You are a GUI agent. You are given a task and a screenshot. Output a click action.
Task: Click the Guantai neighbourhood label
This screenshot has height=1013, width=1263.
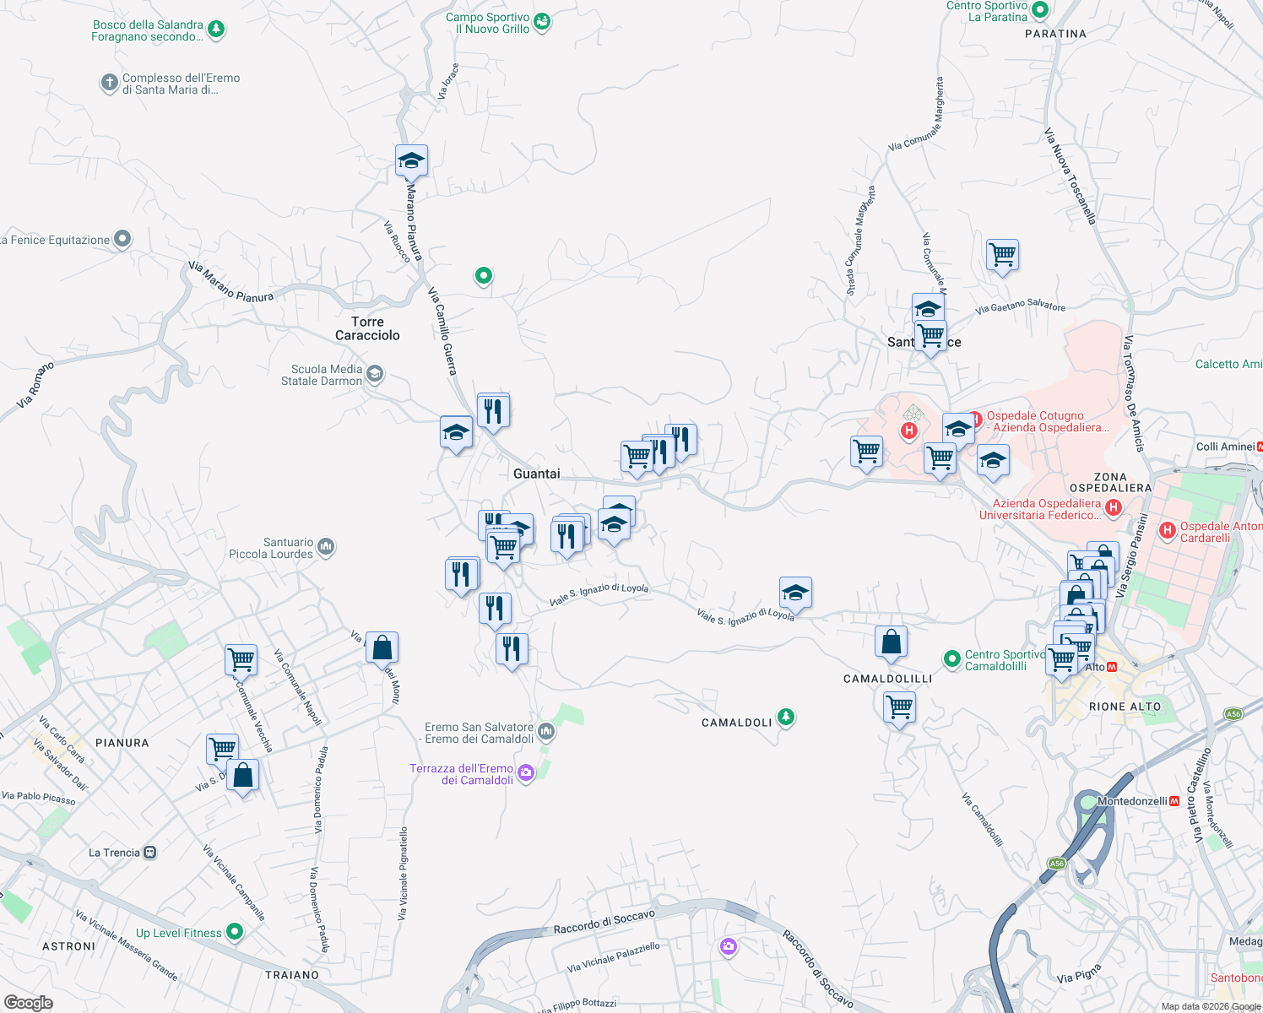(536, 474)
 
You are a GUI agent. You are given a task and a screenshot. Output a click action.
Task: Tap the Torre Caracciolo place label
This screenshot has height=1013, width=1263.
(367, 328)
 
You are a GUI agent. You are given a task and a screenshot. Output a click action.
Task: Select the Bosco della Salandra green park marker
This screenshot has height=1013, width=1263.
(216, 30)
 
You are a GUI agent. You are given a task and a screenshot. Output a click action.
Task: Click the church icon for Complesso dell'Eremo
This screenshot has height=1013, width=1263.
(109, 84)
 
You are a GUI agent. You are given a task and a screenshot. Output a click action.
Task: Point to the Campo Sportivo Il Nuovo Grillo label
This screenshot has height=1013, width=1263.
(488, 23)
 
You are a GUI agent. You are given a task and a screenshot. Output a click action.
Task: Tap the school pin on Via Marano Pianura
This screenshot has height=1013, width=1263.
(411, 160)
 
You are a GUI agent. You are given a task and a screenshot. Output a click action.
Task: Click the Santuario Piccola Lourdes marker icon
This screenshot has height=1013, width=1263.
(327, 548)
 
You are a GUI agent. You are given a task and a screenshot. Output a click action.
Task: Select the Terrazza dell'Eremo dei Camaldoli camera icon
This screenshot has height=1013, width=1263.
(526, 773)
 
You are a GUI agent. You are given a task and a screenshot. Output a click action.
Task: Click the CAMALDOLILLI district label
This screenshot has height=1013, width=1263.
(887, 679)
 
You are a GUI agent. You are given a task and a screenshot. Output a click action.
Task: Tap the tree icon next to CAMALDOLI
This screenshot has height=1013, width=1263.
(786, 718)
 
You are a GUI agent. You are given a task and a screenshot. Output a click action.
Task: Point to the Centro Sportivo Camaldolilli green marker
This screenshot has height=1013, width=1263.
(951, 658)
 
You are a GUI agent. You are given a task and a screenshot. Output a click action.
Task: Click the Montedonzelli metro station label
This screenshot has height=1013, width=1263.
(1132, 801)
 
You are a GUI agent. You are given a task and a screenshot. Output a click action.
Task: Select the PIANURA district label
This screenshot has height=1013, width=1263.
(122, 743)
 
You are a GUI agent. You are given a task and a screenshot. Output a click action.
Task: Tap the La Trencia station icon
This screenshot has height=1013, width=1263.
(150, 853)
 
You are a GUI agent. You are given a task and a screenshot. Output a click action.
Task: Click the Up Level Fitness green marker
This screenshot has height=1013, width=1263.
(235, 932)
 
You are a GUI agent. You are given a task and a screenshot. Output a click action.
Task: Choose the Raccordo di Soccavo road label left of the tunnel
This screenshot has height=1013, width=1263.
(604, 922)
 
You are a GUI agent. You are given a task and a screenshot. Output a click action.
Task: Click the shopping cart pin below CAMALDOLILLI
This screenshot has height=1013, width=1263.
(899, 707)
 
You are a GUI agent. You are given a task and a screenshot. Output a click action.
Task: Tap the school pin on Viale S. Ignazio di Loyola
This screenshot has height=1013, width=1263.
(794, 593)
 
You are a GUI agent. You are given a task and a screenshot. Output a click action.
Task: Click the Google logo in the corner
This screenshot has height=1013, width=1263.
(28, 1003)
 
